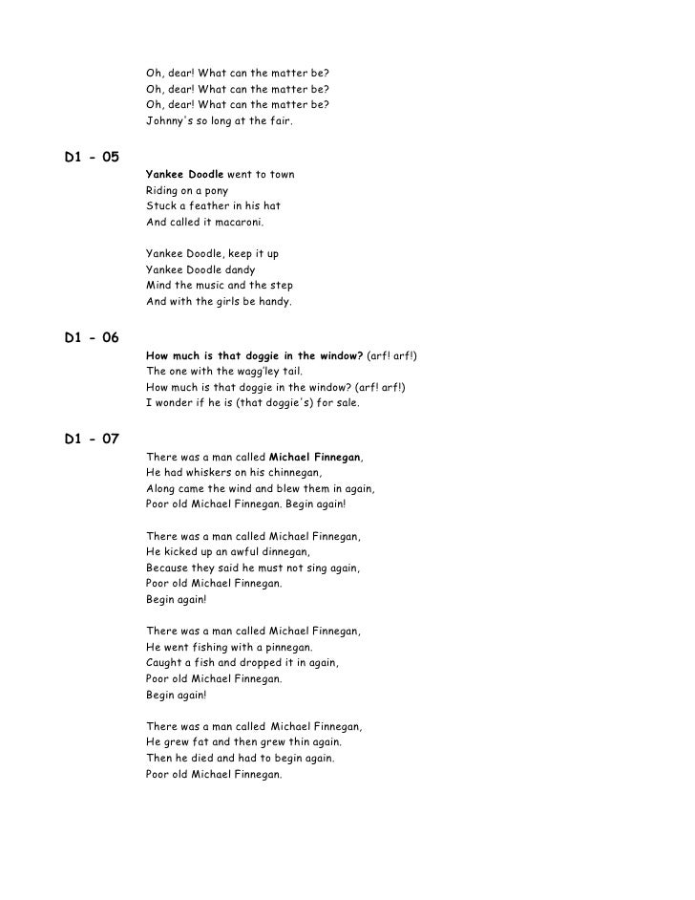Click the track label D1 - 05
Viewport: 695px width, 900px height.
tap(92, 157)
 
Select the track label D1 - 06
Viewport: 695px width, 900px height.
tap(92, 337)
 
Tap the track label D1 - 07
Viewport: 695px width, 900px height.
tap(92, 439)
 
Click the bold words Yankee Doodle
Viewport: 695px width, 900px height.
tap(184, 175)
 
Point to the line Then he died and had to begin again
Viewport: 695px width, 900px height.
tap(240, 759)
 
